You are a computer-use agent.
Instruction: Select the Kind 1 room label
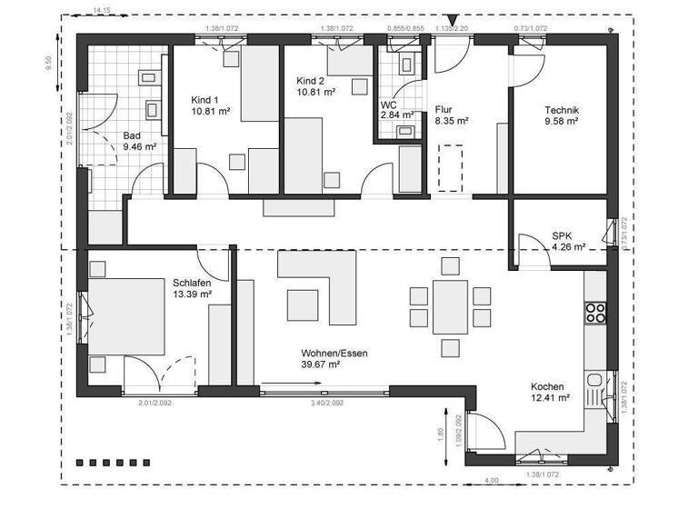[x=204, y=99]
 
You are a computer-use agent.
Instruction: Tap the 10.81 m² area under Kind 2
[x=315, y=93]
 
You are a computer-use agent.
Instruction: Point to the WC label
[x=388, y=105]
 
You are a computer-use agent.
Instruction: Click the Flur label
[x=443, y=109]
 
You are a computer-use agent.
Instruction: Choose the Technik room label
[x=562, y=110]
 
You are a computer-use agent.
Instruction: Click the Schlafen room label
[x=192, y=283]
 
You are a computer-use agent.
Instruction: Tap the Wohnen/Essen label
[x=334, y=354]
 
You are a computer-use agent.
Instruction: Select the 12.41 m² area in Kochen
[x=550, y=397]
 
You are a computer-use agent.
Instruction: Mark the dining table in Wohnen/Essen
[x=450, y=307]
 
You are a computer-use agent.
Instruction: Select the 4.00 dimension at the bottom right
[x=491, y=479]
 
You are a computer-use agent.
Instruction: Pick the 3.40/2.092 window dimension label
[x=327, y=402]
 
